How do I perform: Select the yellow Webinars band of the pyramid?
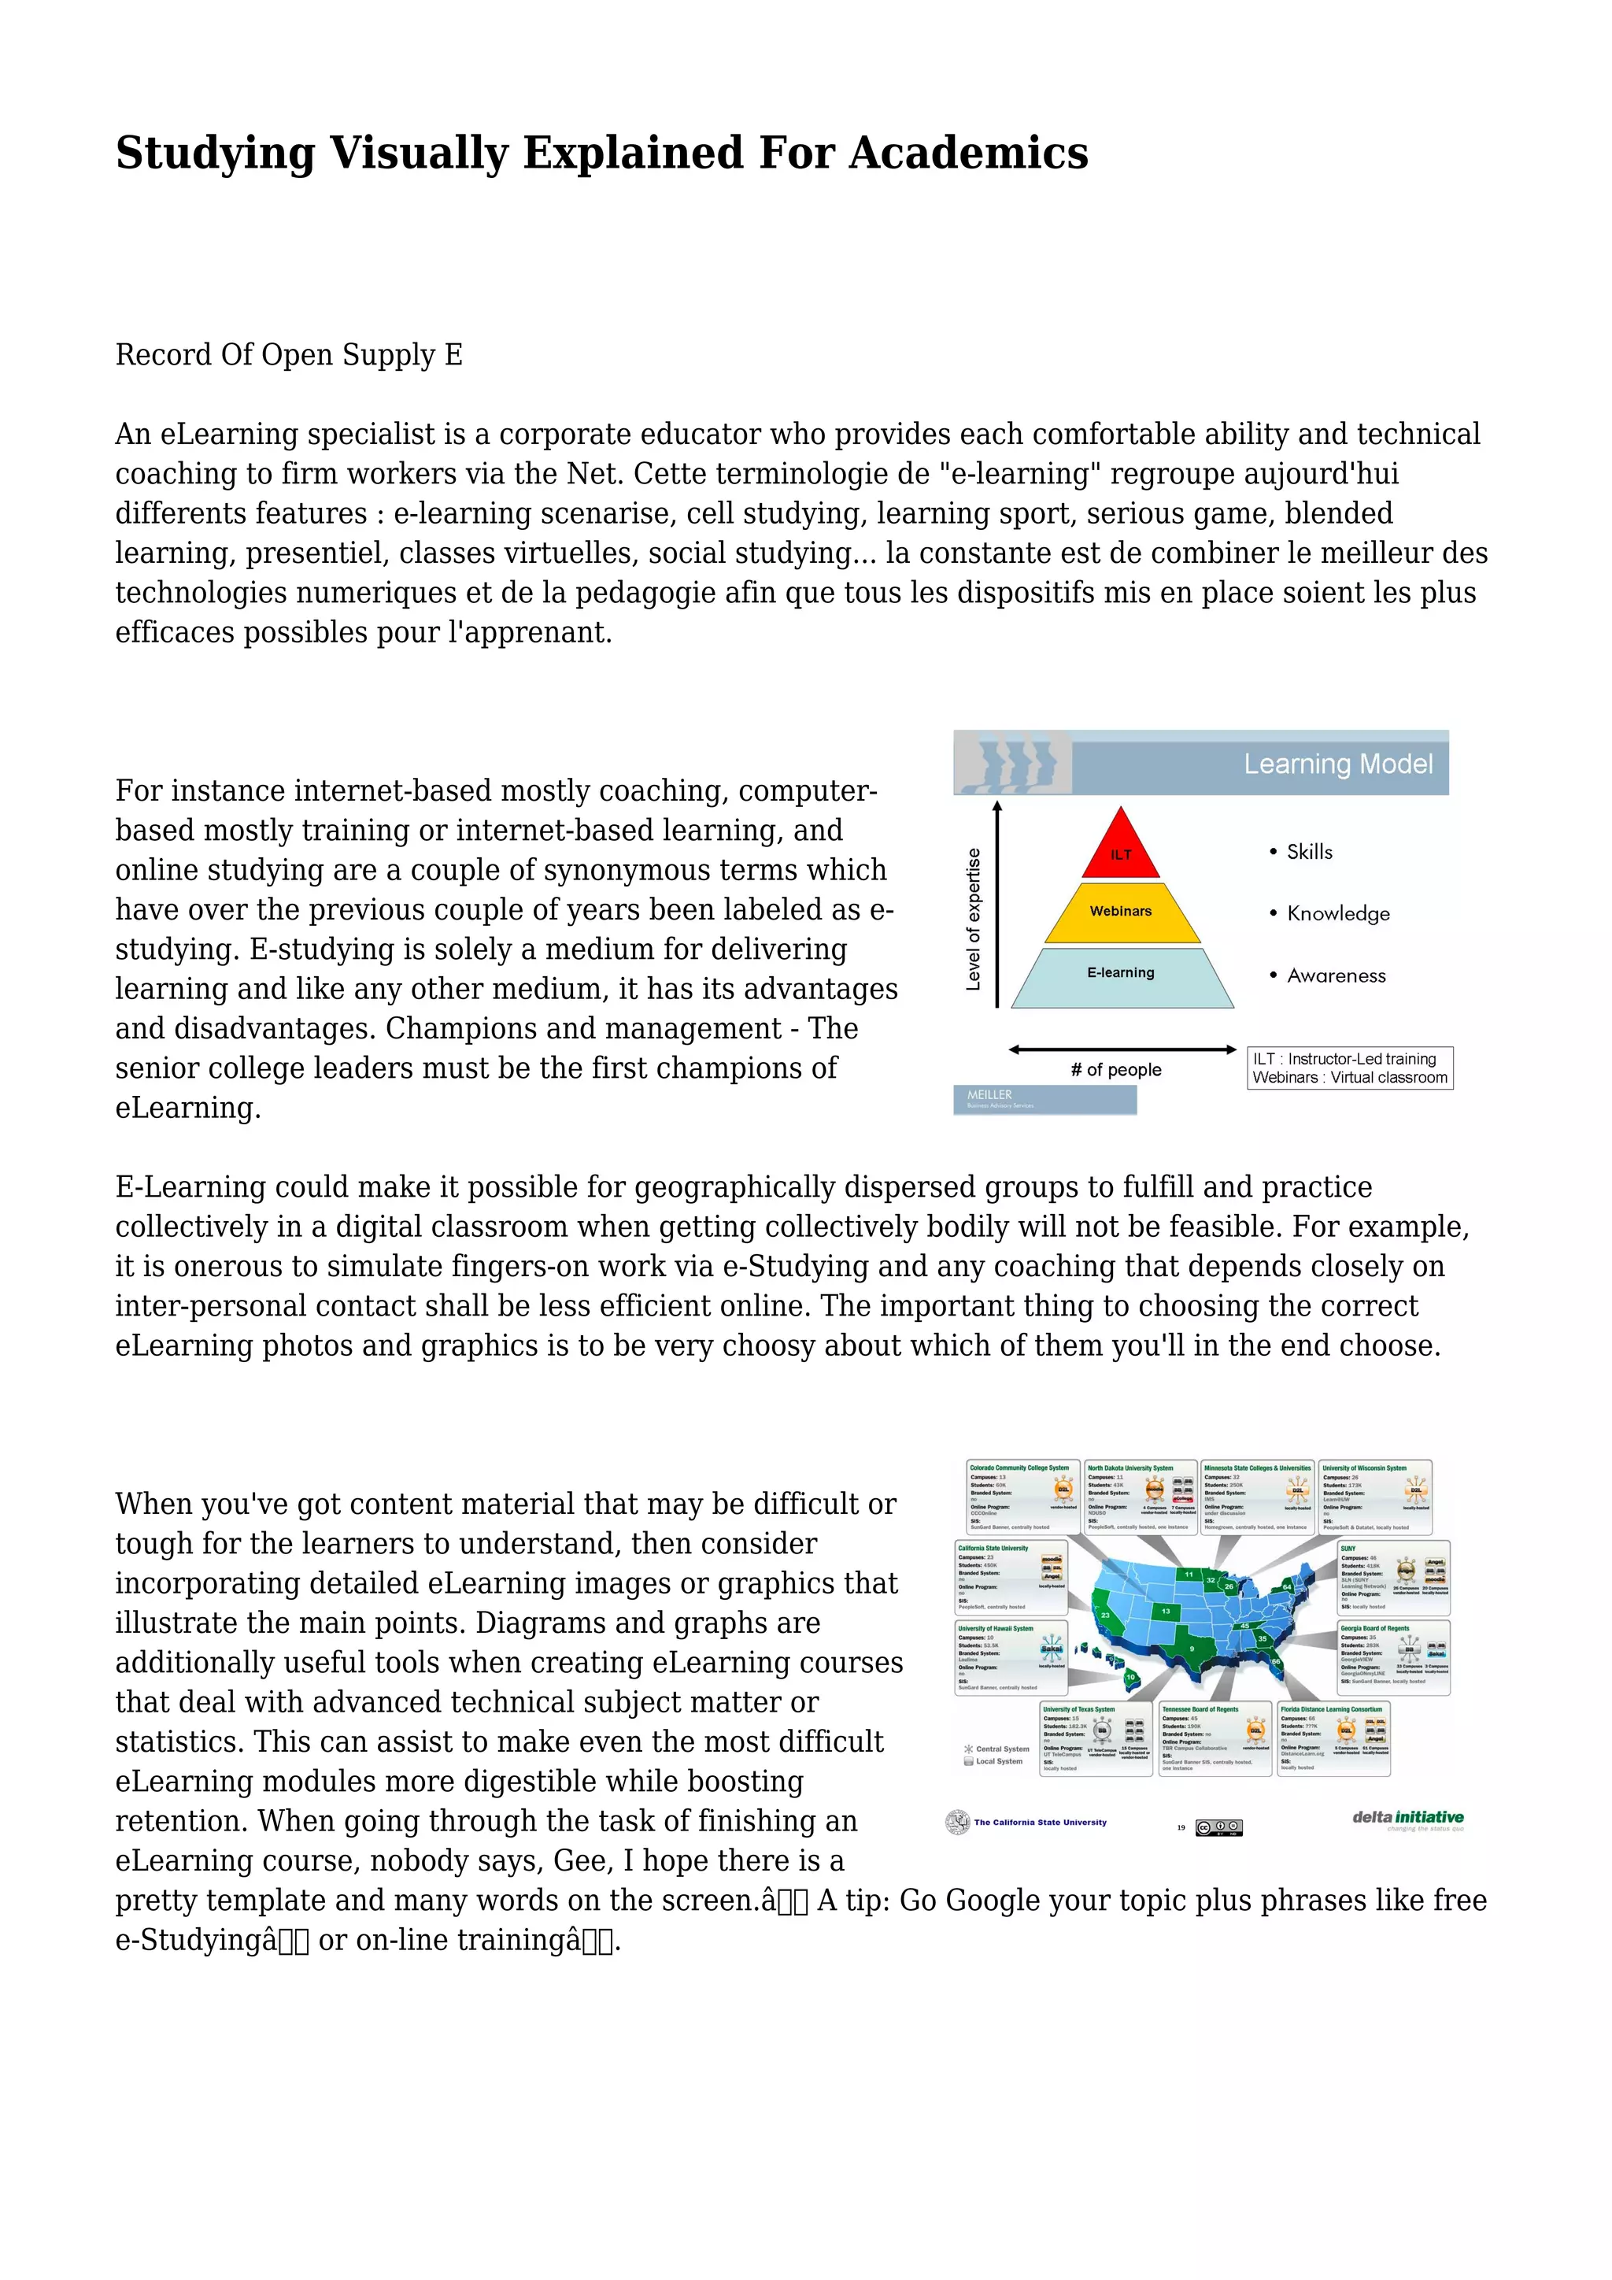click(1121, 912)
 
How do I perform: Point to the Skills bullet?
click(1308, 852)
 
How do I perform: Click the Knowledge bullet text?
click(1337, 913)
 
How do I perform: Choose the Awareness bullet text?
click(1335, 976)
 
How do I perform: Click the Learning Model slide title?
click(1337, 764)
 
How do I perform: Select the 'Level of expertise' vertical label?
click(973, 919)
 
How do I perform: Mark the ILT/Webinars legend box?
click(1349, 1068)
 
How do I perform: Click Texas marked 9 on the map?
click(1192, 1649)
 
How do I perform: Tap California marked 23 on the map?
click(1105, 1615)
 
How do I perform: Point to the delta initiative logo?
click(1407, 1818)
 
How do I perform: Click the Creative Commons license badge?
click(1219, 1827)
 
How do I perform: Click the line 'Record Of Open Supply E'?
click(289, 356)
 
